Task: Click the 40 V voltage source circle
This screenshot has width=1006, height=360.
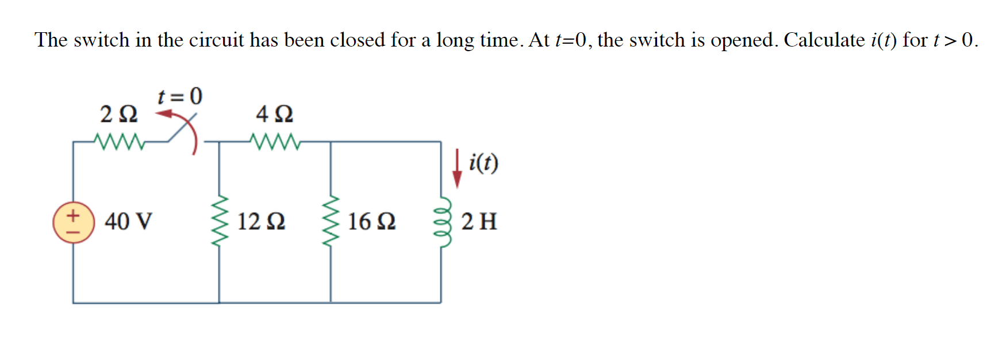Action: tap(74, 223)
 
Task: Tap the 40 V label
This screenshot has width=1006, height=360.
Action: tap(128, 221)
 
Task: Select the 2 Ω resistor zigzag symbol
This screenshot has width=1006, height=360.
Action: tap(119, 141)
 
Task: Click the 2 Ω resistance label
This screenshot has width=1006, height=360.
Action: tap(119, 114)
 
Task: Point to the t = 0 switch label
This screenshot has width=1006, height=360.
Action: tap(180, 96)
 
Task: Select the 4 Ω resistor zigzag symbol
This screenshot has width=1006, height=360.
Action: tap(275, 141)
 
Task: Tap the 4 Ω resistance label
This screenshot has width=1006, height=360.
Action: tap(275, 114)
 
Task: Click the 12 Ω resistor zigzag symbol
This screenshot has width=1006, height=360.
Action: tap(219, 221)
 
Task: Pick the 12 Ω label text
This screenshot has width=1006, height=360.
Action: tap(261, 221)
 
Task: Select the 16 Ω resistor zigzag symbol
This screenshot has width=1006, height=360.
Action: tap(330, 221)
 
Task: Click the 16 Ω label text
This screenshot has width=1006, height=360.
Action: tap(372, 221)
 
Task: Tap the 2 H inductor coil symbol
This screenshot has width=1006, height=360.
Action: tap(443, 221)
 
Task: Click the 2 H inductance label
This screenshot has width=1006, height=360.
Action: tap(479, 221)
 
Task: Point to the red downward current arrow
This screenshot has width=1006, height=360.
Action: tap(457, 168)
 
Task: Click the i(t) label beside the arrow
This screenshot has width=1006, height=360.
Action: tap(483, 163)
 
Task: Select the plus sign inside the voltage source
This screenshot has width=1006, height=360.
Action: tap(73, 216)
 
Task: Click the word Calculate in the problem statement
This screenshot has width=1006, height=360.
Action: tap(824, 40)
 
